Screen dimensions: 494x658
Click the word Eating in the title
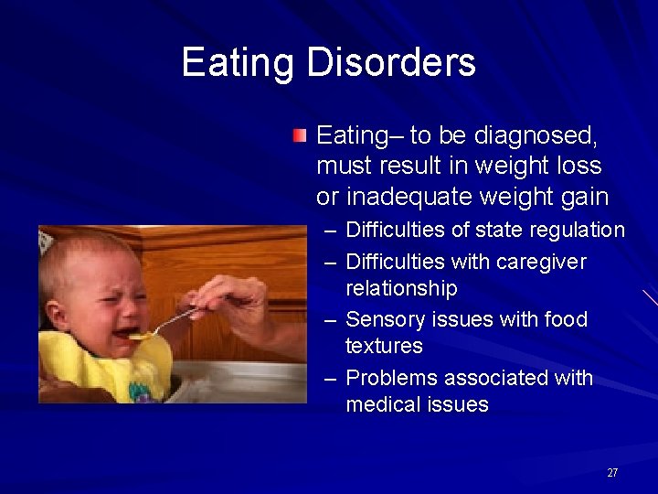(239, 63)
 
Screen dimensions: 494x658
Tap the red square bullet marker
(300, 137)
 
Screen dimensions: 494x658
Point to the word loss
(578, 166)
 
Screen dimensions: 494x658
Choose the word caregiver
(543, 262)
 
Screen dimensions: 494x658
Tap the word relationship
(401, 288)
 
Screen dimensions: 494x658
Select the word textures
(384, 346)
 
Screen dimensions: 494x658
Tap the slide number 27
(612, 473)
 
